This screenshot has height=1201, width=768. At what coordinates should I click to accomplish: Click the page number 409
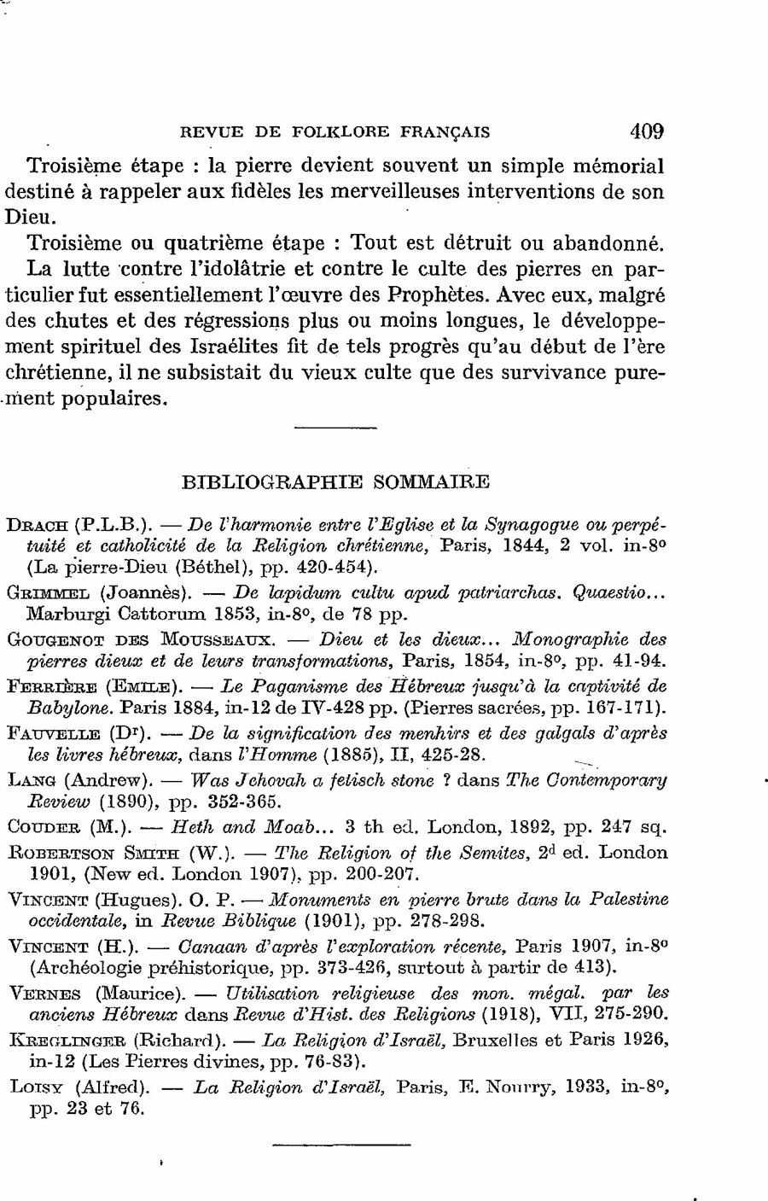646,131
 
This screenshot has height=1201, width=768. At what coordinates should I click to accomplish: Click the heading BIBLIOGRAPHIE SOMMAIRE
336,481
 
